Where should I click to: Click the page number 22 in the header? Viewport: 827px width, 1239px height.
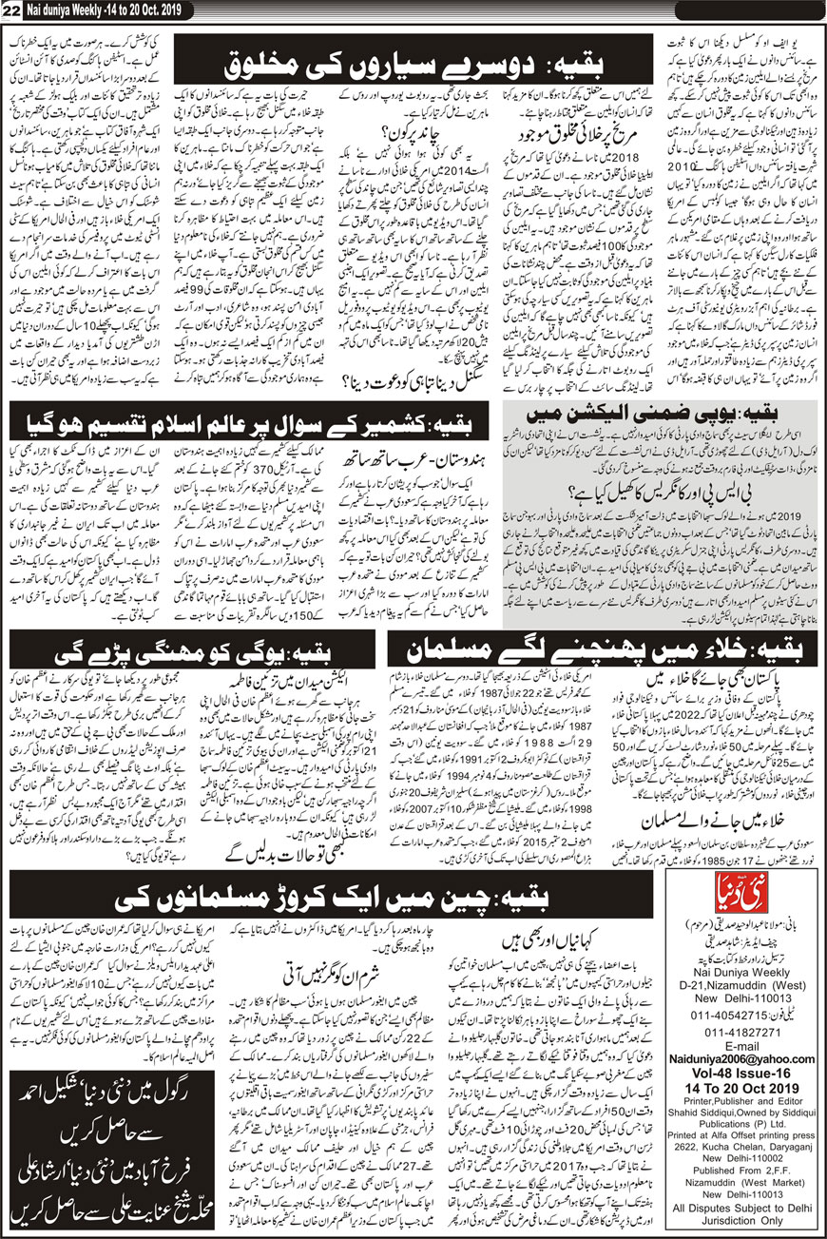tap(12, 10)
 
